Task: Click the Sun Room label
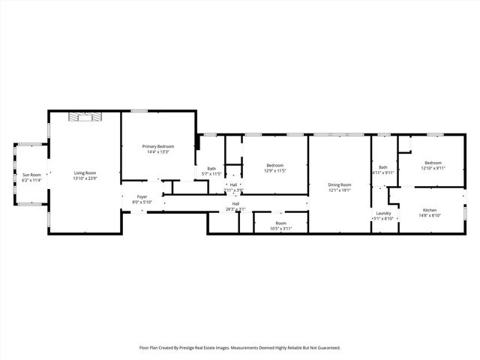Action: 31,175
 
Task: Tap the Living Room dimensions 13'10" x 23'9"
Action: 85,178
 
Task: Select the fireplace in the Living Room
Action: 84,115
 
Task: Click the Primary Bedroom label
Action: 158,146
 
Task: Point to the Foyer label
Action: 142,196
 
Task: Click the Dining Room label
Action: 340,184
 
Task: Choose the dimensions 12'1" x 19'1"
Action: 340,190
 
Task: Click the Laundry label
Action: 383,213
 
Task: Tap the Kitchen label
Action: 430,210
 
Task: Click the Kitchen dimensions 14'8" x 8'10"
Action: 430,215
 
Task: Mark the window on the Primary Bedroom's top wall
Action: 139,111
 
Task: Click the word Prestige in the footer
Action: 202,348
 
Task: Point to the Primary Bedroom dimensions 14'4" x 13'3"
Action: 158,151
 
